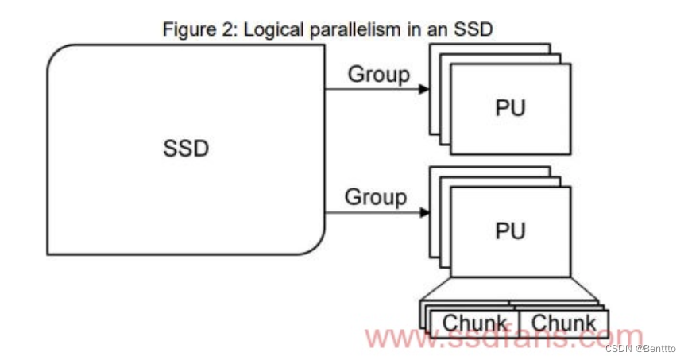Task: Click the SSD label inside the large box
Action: pos(186,148)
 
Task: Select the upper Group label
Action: pos(379,75)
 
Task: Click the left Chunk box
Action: pos(474,323)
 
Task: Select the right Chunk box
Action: pos(563,323)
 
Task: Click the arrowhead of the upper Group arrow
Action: pos(424,89)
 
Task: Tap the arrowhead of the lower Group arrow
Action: pos(424,211)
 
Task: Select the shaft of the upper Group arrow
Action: pos(369,89)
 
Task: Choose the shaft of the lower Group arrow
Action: pos(369,211)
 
